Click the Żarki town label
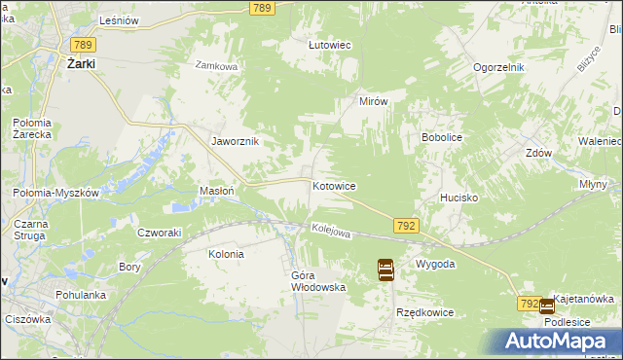click(87, 63)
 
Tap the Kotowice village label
click(334, 186)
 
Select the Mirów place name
click(374, 102)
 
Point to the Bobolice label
click(441, 138)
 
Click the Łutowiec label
click(329, 45)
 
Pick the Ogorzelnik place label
click(499, 67)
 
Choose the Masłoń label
click(216, 192)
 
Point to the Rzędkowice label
click(426, 312)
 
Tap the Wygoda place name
click(435, 265)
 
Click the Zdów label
click(538, 153)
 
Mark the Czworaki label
click(160, 233)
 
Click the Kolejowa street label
click(330, 231)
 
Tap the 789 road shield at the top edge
click(261, 8)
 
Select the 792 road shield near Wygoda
click(407, 226)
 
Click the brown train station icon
click(385, 270)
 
